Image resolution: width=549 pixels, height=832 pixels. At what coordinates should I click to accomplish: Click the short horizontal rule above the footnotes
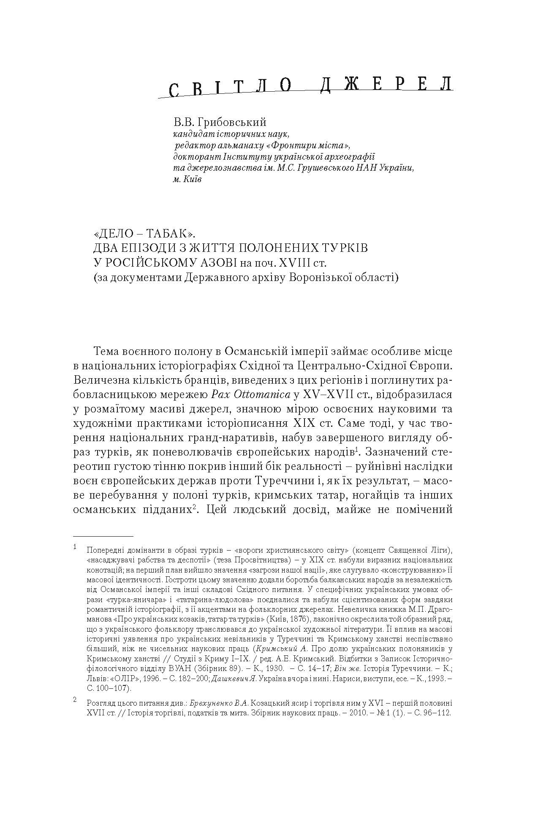coord(103,536)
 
